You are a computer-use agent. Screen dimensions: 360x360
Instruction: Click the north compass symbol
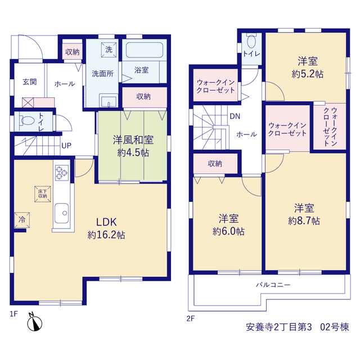tap(34, 322)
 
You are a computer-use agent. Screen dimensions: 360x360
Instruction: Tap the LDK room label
tap(106, 222)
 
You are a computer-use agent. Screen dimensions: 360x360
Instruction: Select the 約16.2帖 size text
tap(106, 235)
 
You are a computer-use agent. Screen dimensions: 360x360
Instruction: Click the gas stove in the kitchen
tap(62, 173)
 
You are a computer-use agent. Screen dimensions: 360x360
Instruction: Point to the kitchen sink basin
tap(61, 213)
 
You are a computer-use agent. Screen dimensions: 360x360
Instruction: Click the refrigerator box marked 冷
tap(22, 220)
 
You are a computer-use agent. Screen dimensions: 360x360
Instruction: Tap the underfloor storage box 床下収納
tap(43, 194)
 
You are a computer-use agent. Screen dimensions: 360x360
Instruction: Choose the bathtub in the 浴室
tap(145, 50)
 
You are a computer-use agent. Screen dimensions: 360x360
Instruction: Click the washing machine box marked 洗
tap(109, 49)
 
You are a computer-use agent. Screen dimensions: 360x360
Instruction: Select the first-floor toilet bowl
tap(26, 121)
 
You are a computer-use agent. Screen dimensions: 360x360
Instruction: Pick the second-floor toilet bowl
tap(251, 41)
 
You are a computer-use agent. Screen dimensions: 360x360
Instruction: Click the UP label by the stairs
tap(66, 146)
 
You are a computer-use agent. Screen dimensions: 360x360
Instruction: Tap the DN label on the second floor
tap(235, 116)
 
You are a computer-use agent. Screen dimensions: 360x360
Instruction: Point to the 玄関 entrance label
tap(30, 82)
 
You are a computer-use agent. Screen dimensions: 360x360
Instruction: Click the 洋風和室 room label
tap(133, 140)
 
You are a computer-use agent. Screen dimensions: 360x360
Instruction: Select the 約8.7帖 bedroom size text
tap(304, 221)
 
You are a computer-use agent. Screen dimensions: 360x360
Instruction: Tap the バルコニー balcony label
tap(273, 285)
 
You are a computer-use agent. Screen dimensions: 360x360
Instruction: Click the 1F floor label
tap(13, 314)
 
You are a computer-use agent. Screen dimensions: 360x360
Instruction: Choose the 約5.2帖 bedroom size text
tap(308, 74)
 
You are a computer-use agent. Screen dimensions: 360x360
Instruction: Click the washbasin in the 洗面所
tap(109, 101)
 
